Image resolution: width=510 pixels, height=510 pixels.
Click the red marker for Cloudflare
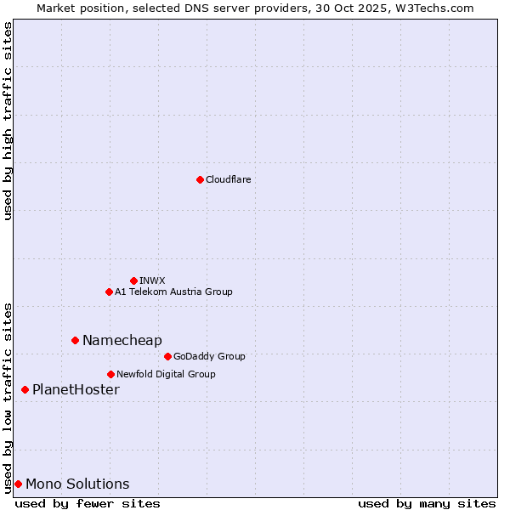tap(200, 179)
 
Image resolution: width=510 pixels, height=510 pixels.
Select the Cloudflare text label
tap(228, 179)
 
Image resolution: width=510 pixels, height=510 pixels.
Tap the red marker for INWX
tap(133, 280)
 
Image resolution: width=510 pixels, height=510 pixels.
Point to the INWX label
tap(152, 280)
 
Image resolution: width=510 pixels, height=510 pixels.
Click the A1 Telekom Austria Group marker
tap(109, 292)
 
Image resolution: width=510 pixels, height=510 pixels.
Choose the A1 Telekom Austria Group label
tap(173, 292)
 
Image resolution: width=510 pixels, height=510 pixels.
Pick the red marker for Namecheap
tap(75, 340)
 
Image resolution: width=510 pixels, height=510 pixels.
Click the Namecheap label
tap(122, 340)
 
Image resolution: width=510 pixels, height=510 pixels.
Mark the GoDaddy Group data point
tap(167, 356)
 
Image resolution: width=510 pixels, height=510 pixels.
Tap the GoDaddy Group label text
tap(209, 356)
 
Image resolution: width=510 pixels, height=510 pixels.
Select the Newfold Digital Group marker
tap(110, 374)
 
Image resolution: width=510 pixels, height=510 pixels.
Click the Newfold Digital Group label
tap(166, 374)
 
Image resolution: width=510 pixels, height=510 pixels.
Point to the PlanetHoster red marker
tap(25, 389)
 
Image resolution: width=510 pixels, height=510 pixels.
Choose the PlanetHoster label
tap(76, 389)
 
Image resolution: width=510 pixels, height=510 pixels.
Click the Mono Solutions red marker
tap(18, 484)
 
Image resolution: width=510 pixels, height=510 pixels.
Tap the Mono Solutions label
tap(77, 484)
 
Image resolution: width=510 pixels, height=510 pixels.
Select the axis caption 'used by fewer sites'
tap(88, 503)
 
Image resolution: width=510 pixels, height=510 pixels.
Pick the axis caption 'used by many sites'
tap(427, 503)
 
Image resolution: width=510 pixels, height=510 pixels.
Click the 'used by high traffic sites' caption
tap(8, 121)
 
